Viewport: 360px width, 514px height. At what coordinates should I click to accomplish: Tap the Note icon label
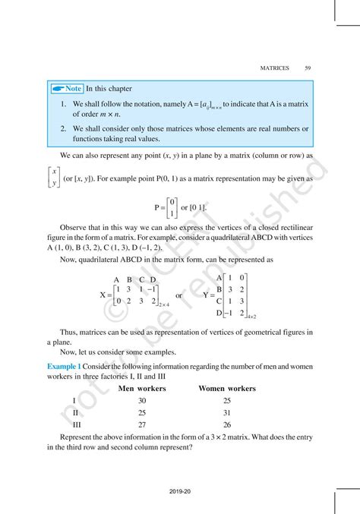coord(65,89)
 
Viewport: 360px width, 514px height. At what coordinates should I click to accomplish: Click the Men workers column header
coord(142,388)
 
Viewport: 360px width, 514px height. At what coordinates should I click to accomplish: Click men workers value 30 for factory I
coord(142,401)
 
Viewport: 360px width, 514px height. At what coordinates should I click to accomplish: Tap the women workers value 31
coord(226,413)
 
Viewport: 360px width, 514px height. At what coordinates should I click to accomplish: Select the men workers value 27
coord(142,425)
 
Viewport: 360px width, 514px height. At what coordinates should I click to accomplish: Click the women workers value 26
coord(226,425)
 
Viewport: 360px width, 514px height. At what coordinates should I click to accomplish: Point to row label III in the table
coord(74,425)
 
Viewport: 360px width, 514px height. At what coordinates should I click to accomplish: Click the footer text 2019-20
coord(180,491)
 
